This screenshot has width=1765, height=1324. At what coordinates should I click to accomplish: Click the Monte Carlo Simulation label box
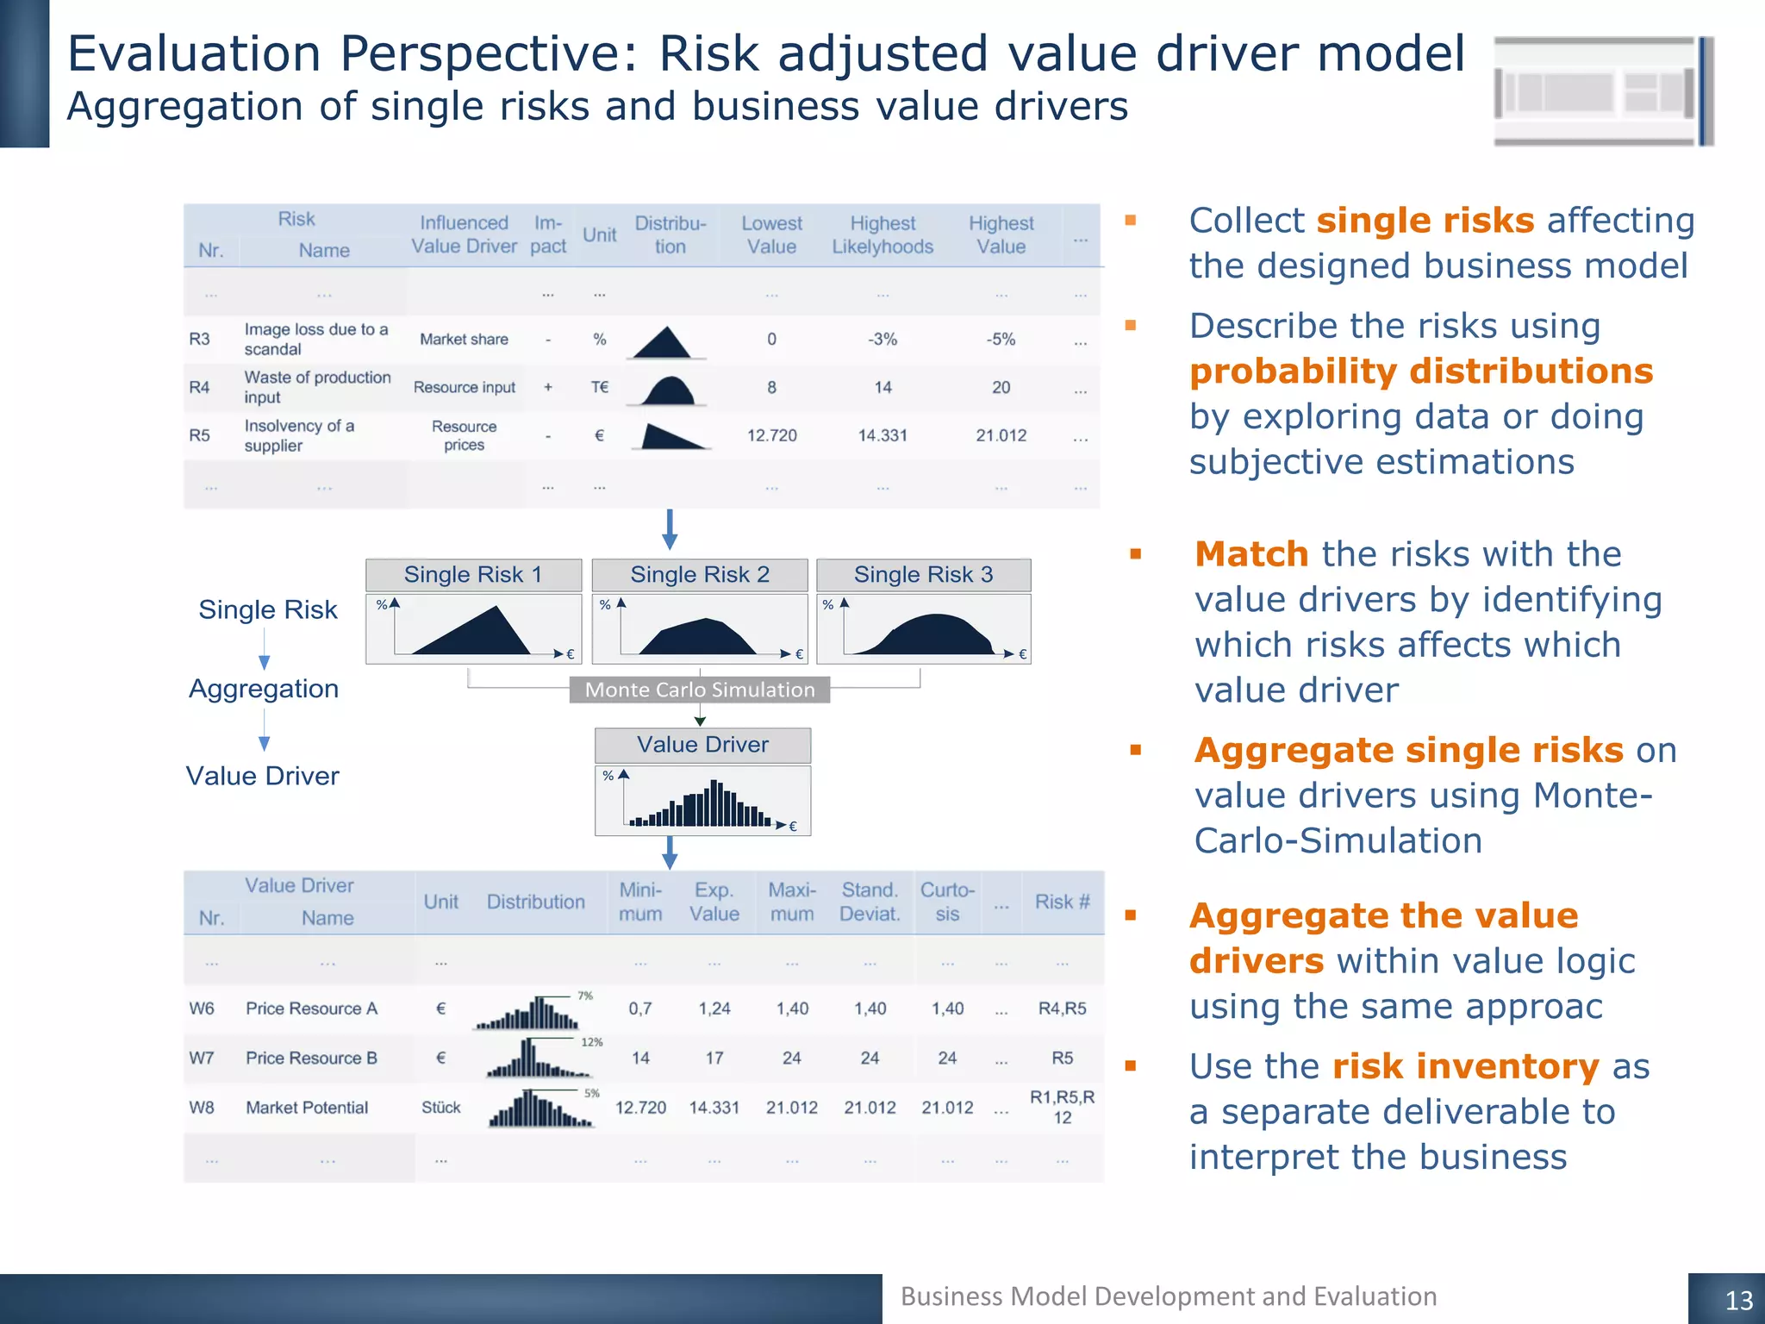[699, 690]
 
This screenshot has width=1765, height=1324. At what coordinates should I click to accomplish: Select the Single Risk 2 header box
[699, 575]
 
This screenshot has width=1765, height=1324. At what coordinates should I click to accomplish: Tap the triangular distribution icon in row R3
[663, 342]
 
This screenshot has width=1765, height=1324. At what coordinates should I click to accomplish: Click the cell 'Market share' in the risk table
[464, 340]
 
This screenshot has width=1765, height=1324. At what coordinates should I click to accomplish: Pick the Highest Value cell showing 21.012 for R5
[1001, 436]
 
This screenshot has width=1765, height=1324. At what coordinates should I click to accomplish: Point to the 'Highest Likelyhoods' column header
[882, 235]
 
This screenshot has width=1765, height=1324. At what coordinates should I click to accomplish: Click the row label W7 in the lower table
[202, 1058]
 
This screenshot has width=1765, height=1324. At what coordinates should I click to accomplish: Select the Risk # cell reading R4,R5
[1062, 1009]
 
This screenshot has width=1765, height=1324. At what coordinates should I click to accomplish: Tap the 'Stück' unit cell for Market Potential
[440, 1108]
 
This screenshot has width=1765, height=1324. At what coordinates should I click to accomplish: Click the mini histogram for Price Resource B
[539, 1059]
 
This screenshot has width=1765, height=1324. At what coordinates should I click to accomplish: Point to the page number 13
[1738, 1300]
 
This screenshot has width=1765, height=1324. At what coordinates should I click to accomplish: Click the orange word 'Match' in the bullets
[1251, 554]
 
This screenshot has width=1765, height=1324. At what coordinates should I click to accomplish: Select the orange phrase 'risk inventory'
[1465, 1067]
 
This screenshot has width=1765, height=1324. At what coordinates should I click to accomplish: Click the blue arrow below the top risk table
[670, 529]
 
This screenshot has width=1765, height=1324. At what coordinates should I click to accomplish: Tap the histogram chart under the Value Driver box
[702, 802]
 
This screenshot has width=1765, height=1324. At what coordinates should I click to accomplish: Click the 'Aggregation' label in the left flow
[264, 689]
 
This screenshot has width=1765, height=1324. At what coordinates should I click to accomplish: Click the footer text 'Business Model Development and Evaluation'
[1168, 1296]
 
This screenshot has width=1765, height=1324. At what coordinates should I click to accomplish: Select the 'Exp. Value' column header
[714, 902]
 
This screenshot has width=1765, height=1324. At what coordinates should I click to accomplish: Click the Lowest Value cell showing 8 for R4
[771, 388]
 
